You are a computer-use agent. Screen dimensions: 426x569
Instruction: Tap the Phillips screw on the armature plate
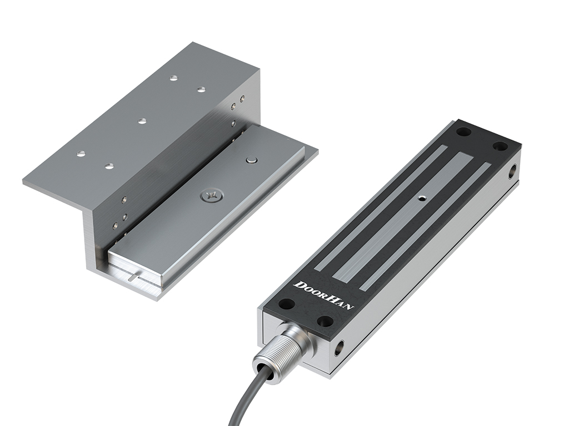point(211,196)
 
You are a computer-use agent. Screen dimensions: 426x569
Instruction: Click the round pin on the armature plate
point(251,161)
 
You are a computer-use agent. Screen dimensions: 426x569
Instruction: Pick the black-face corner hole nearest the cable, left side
point(287,304)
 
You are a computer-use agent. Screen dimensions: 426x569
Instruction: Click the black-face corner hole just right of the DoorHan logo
point(325,321)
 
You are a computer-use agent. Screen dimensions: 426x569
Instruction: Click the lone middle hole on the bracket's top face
point(142,120)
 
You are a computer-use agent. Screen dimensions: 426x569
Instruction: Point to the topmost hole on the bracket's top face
point(173,78)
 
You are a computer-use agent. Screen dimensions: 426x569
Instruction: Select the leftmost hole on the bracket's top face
point(81,153)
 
